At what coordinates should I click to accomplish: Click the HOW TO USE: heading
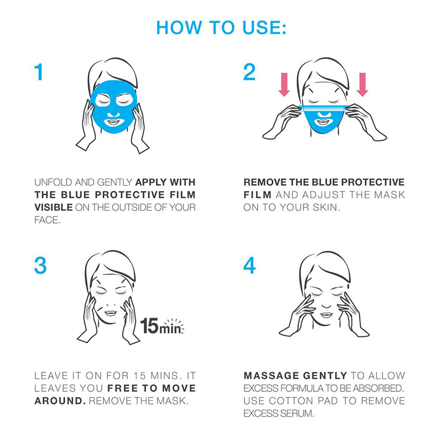221,28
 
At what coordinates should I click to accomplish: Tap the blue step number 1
39,72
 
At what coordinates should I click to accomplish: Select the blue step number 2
249,72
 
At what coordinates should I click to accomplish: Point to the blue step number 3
41,265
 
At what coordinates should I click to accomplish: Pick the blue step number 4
249,265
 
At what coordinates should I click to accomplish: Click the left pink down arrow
284,85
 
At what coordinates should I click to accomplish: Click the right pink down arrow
362,85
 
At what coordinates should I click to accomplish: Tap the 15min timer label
162,326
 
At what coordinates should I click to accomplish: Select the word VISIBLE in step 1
54,207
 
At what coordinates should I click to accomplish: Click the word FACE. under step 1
47,220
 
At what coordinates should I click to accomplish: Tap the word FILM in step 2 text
258,195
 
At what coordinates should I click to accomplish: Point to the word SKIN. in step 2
326,207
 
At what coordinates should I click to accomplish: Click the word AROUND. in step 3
60,401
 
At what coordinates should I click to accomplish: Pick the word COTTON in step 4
291,401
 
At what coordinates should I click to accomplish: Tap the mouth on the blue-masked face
113,123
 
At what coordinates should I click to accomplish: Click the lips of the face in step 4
326,315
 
